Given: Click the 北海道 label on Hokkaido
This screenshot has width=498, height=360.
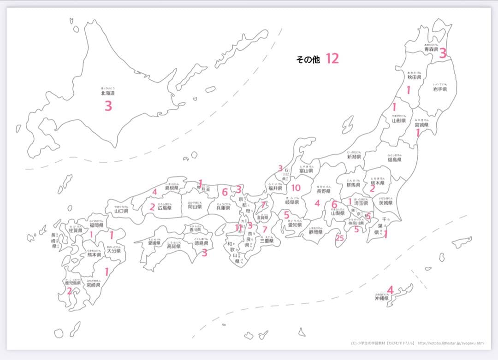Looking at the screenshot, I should [x=108, y=93].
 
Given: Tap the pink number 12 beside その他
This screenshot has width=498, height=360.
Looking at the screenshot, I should [x=332, y=59].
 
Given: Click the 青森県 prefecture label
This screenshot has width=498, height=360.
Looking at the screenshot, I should [x=431, y=49].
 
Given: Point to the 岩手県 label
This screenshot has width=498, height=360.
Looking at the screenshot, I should [x=439, y=89].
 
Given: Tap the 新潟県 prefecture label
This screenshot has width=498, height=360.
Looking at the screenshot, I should [x=354, y=157].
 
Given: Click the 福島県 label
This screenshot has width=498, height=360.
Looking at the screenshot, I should [x=394, y=159].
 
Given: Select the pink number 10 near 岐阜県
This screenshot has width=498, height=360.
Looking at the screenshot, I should [x=296, y=188].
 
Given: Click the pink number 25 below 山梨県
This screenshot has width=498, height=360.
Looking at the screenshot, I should [x=340, y=238].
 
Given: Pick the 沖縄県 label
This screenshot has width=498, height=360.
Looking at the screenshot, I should [x=382, y=298].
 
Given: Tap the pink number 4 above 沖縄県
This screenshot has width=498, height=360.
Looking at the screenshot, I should [x=390, y=290].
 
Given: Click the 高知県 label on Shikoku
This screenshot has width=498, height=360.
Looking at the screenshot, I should [x=173, y=247].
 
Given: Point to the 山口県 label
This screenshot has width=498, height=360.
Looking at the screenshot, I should [x=121, y=211].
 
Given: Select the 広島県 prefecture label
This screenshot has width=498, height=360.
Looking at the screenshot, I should [x=165, y=208].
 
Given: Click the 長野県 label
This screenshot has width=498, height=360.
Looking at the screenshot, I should [x=324, y=191].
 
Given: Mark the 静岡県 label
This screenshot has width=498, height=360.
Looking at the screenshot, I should [x=315, y=232].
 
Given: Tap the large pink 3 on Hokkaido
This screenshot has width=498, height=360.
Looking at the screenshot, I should [x=108, y=106].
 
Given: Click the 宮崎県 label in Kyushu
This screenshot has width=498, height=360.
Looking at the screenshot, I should [x=93, y=285].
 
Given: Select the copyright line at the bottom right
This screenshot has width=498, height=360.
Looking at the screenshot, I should [x=417, y=343].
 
